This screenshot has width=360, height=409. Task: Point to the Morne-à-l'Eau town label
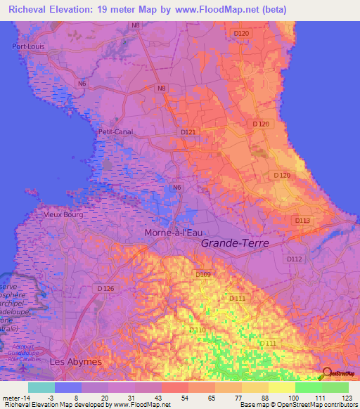(174, 233)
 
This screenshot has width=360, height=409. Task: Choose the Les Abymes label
(76, 361)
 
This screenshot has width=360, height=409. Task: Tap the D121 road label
(188, 132)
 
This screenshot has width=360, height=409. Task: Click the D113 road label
(302, 221)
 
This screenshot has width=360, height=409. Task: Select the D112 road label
(293, 259)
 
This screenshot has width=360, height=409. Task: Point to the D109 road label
(203, 274)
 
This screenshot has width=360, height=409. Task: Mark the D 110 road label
(198, 330)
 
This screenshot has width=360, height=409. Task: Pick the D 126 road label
(105, 288)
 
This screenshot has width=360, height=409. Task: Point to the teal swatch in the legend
(41, 387)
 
